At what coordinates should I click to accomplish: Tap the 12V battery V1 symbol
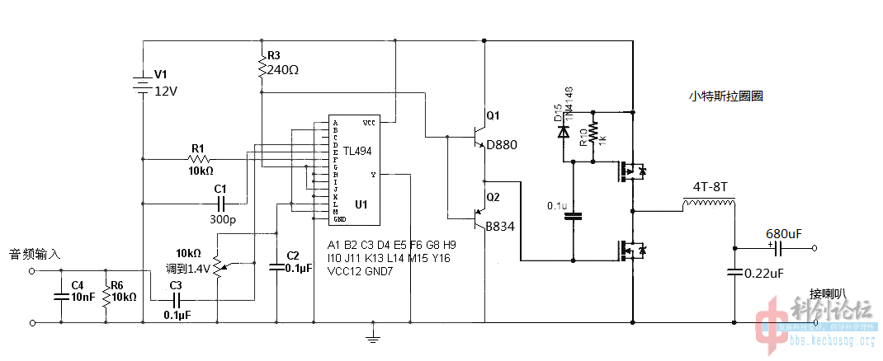(x=142, y=83)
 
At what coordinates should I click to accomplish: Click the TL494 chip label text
(x=357, y=152)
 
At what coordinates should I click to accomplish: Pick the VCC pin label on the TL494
(x=369, y=123)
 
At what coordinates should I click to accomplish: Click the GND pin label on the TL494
(x=338, y=219)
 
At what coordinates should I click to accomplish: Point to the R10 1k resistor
(x=593, y=133)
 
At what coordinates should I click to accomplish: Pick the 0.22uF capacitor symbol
(x=733, y=272)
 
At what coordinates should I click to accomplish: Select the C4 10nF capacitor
(x=59, y=296)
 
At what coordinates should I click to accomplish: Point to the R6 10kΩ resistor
(x=106, y=296)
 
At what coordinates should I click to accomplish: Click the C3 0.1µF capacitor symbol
(x=175, y=299)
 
